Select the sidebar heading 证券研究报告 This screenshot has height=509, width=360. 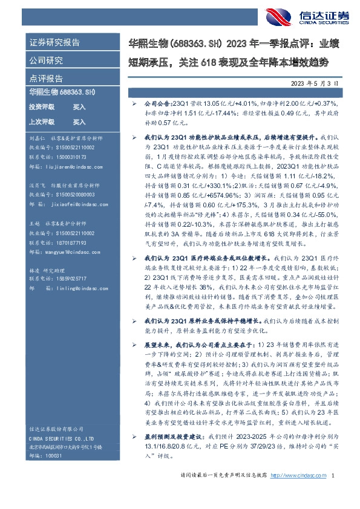click(x=54, y=43)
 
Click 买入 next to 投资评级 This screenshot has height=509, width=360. click(x=79, y=106)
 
